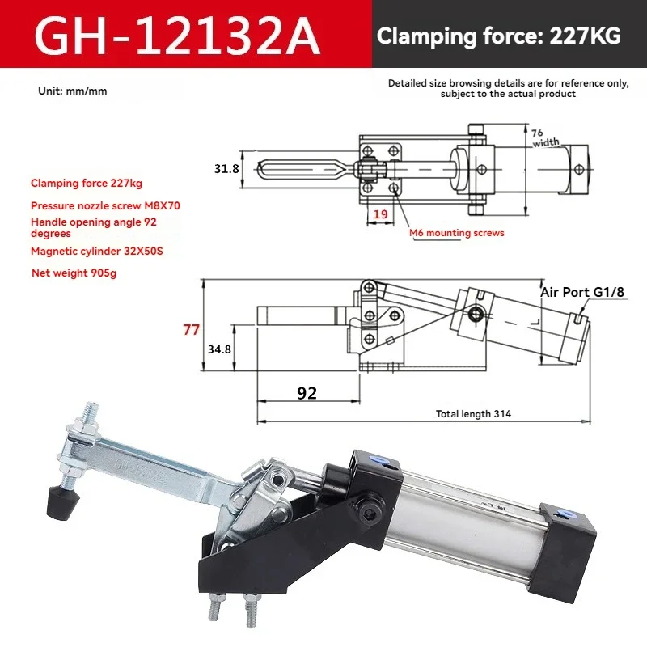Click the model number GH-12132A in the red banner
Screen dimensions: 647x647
[177, 36]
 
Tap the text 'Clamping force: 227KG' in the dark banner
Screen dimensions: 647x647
[498, 36]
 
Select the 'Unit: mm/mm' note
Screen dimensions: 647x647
[73, 91]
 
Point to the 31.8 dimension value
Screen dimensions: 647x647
[226, 168]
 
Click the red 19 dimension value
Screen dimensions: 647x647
[380, 214]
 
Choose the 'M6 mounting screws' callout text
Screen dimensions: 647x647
[457, 233]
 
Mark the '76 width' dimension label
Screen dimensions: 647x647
[543, 137]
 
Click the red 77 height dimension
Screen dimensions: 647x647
[191, 330]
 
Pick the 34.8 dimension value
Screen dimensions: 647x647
[219, 349]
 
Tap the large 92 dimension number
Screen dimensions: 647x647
[307, 393]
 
